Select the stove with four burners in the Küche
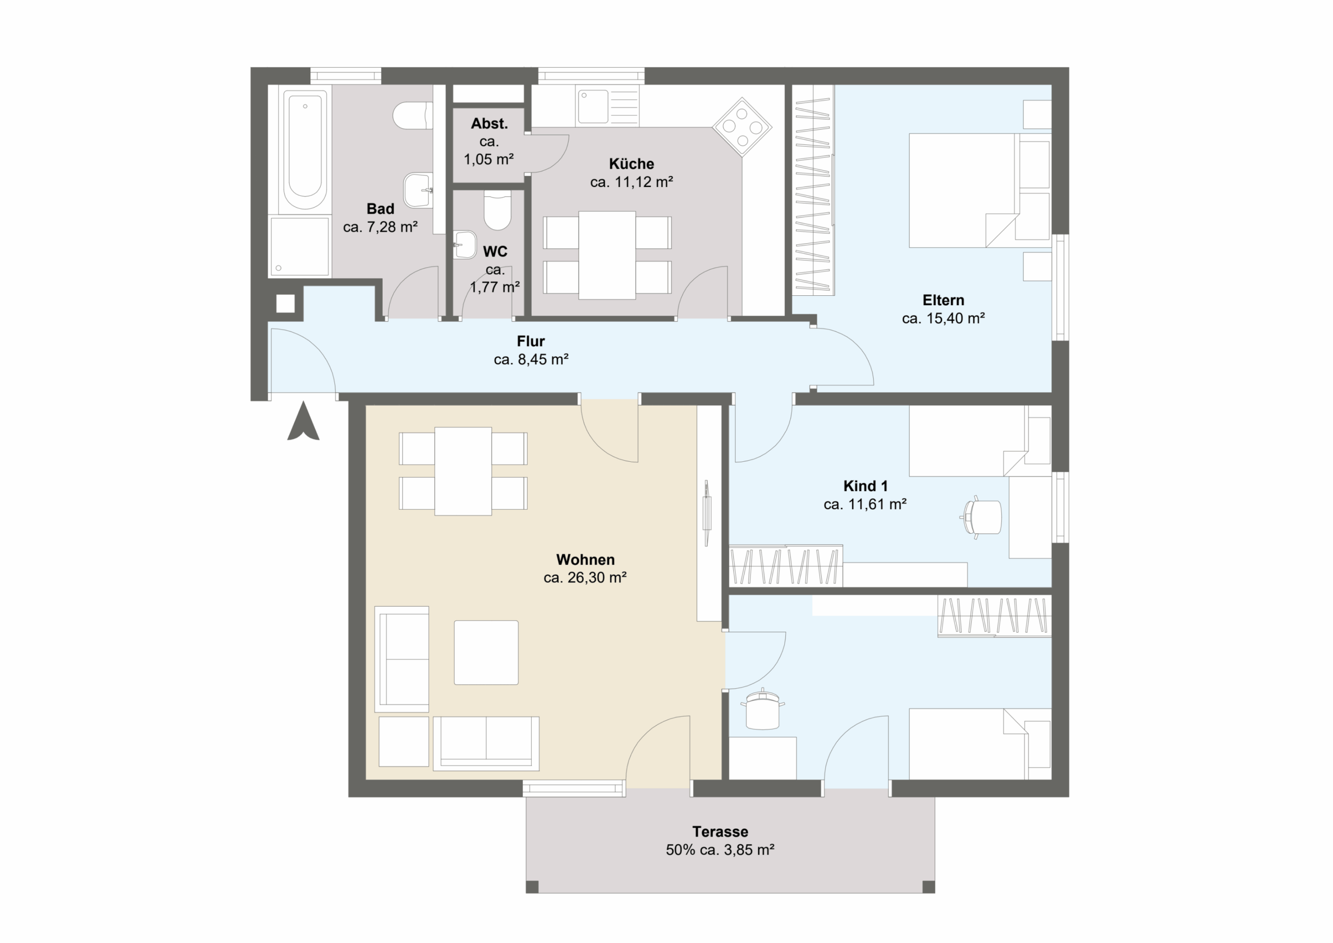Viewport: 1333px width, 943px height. [742, 127]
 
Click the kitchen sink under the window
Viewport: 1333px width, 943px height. [593, 106]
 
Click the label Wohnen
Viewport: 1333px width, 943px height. [585, 559]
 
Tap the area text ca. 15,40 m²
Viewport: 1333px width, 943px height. [943, 318]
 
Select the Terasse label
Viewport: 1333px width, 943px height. [720, 832]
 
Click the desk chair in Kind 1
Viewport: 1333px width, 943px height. [981, 516]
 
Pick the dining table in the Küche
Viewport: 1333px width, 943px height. [607, 256]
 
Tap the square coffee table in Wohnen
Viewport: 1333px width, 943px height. [486, 652]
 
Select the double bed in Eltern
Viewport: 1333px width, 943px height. [980, 191]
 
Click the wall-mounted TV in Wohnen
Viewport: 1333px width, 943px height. [707, 513]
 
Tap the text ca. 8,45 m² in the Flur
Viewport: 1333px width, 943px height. [531, 359]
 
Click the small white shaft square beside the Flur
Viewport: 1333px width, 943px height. [285, 304]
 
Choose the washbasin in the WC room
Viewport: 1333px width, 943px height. [464, 244]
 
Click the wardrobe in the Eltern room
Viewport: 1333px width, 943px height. [813, 190]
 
